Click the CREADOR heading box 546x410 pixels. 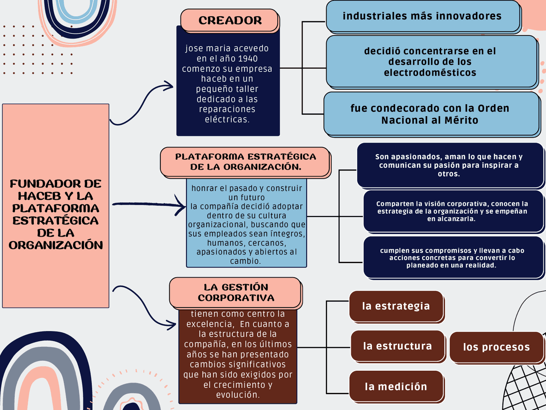[230, 20]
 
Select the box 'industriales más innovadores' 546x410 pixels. [422, 16]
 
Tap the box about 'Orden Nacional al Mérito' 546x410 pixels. [430, 114]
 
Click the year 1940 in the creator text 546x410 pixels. [248, 59]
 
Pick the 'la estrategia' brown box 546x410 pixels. [396, 306]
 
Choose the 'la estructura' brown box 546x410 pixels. [397, 346]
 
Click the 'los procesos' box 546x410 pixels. [497, 347]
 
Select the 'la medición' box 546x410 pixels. [395, 387]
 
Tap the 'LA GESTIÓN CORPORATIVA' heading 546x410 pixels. [236, 293]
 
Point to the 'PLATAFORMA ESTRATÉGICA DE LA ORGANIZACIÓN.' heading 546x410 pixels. [245, 162]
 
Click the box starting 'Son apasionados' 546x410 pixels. [449, 165]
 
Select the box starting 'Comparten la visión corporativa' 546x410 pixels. [452, 211]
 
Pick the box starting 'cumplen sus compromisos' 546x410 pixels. [452, 258]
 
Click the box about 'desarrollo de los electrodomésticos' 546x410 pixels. [430, 62]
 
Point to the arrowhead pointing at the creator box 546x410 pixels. [170, 87]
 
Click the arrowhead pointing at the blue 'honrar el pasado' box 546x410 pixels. [183, 206]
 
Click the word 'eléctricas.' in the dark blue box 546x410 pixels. [227, 120]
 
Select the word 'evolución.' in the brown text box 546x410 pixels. [238, 395]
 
